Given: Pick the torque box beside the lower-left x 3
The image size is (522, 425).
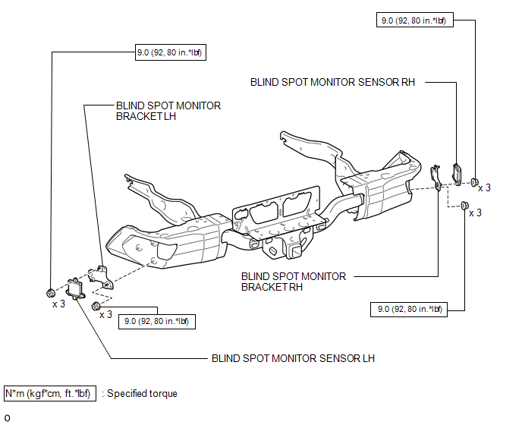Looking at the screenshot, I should [x=156, y=321].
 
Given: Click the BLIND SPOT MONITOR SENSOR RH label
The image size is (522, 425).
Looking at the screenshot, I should [x=338, y=82].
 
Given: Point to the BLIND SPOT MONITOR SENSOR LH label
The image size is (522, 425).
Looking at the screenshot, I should [x=293, y=358].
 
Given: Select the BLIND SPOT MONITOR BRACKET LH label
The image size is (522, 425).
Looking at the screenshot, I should [x=168, y=112].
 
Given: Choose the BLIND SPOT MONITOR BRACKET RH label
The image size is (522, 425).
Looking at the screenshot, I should [x=294, y=282].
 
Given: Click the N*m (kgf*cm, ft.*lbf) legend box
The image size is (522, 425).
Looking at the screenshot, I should [x=50, y=394].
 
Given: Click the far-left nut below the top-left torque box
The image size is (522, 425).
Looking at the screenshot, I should [x=50, y=292].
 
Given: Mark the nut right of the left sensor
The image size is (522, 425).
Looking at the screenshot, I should [x=96, y=305].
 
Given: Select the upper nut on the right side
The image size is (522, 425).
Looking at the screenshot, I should [x=473, y=182].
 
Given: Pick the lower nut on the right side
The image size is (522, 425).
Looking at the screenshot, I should [x=464, y=205].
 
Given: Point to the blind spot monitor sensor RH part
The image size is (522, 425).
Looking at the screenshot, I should [x=458, y=174].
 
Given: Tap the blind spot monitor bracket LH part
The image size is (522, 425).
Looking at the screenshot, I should [x=98, y=275].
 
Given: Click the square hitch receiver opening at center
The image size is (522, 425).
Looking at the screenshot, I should [x=292, y=250].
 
